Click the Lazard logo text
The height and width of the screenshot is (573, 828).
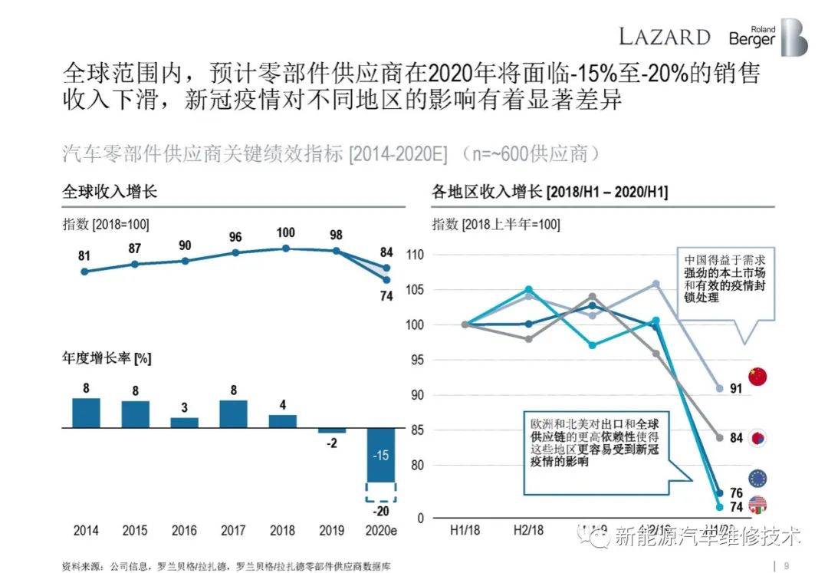click(x=664, y=36)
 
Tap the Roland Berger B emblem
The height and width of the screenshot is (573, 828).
click(x=793, y=36)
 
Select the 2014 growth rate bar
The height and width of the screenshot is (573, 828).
click(x=86, y=412)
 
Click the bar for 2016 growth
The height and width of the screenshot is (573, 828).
click(x=184, y=422)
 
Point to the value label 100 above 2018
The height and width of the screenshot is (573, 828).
click(x=285, y=233)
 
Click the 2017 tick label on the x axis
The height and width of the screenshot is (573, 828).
click(x=233, y=530)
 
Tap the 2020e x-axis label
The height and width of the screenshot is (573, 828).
click(x=381, y=530)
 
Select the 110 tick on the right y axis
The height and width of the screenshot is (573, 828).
click(x=415, y=255)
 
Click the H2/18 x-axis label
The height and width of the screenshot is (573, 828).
click(x=528, y=530)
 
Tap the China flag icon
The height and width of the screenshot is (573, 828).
click(x=757, y=377)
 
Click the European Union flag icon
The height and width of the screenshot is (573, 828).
click(x=757, y=479)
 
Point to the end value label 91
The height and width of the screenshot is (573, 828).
click(x=736, y=389)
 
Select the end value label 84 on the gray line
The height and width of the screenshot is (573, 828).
click(x=736, y=438)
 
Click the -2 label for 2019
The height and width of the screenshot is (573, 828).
click(x=331, y=443)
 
